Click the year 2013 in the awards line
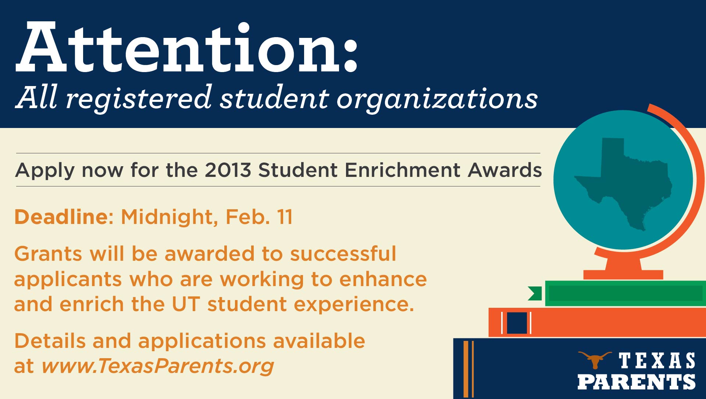point(228,170)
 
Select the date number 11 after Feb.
point(285,217)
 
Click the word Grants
point(48,254)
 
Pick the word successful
point(343,253)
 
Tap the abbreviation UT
point(186,304)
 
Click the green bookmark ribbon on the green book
point(535,293)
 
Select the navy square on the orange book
point(517,323)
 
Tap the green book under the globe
point(625,293)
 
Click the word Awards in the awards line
point(505,170)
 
